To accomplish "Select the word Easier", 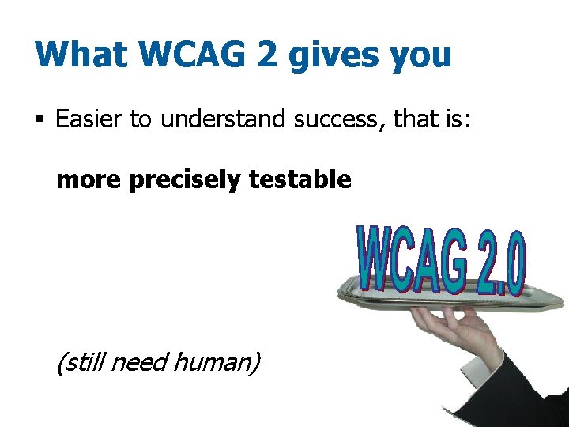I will [x=90, y=119].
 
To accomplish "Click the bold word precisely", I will [x=183, y=181].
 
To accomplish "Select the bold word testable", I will [x=300, y=180].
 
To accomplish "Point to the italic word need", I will [x=139, y=362].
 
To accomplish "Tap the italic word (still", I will [x=80, y=362].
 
